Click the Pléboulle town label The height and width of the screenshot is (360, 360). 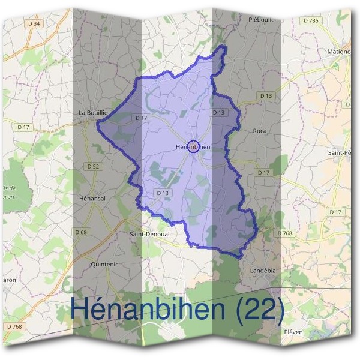click(x=261, y=19)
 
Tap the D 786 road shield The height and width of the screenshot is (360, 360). click(x=311, y=20)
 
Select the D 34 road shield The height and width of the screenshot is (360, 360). click(x=34, y=23)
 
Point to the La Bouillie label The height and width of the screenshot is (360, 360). click(x=93, y=112)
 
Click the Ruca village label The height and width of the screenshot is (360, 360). click(x=260, y=130)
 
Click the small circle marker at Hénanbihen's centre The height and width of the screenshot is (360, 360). click(x=193, y=146)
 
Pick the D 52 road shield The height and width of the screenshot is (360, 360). click(x=93, y=166)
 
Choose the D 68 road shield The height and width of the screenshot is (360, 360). click(x=81, y=232)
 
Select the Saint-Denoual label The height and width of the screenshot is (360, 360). click(x=150, y=235)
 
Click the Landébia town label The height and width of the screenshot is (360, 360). click(x=262, y=271)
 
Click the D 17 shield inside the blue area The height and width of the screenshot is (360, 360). click(x=141, y=118)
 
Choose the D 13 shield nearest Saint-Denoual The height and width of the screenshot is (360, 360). click(x=163, y=193)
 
